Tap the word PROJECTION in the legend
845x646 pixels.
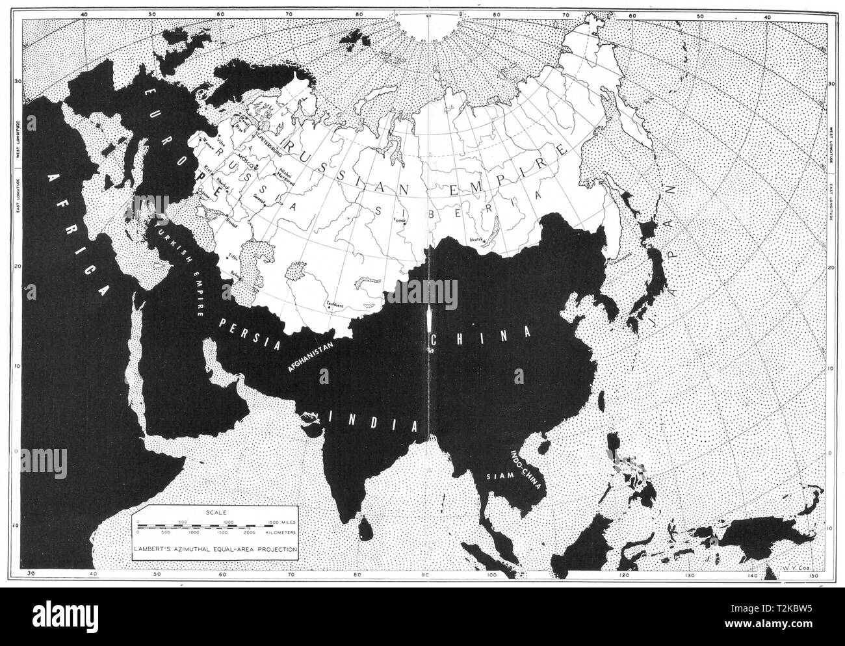point(269,549)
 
